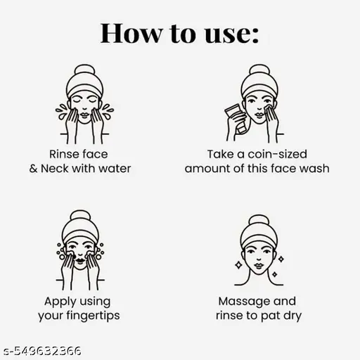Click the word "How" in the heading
click(x=131, y=33)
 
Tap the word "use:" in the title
click(x=232, y=34)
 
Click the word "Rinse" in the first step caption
click(x=64, y=154)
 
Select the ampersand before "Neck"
click(x=33, y=169)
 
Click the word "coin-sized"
click(x=277, y=154)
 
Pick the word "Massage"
click(x=244, y=302)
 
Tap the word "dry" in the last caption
click(x=292, y=316)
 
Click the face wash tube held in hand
click(x=236, y=118)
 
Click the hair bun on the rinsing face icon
click(x=84, y=70)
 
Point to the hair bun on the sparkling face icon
click(x=259, y=220)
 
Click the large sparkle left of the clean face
click(x=238, y=265)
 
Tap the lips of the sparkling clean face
click(x=259, y=265)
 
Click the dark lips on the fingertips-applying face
click(x=80, y=260)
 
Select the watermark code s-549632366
click(x=42, y=351)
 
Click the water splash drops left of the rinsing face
click(x=61, y=111)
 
